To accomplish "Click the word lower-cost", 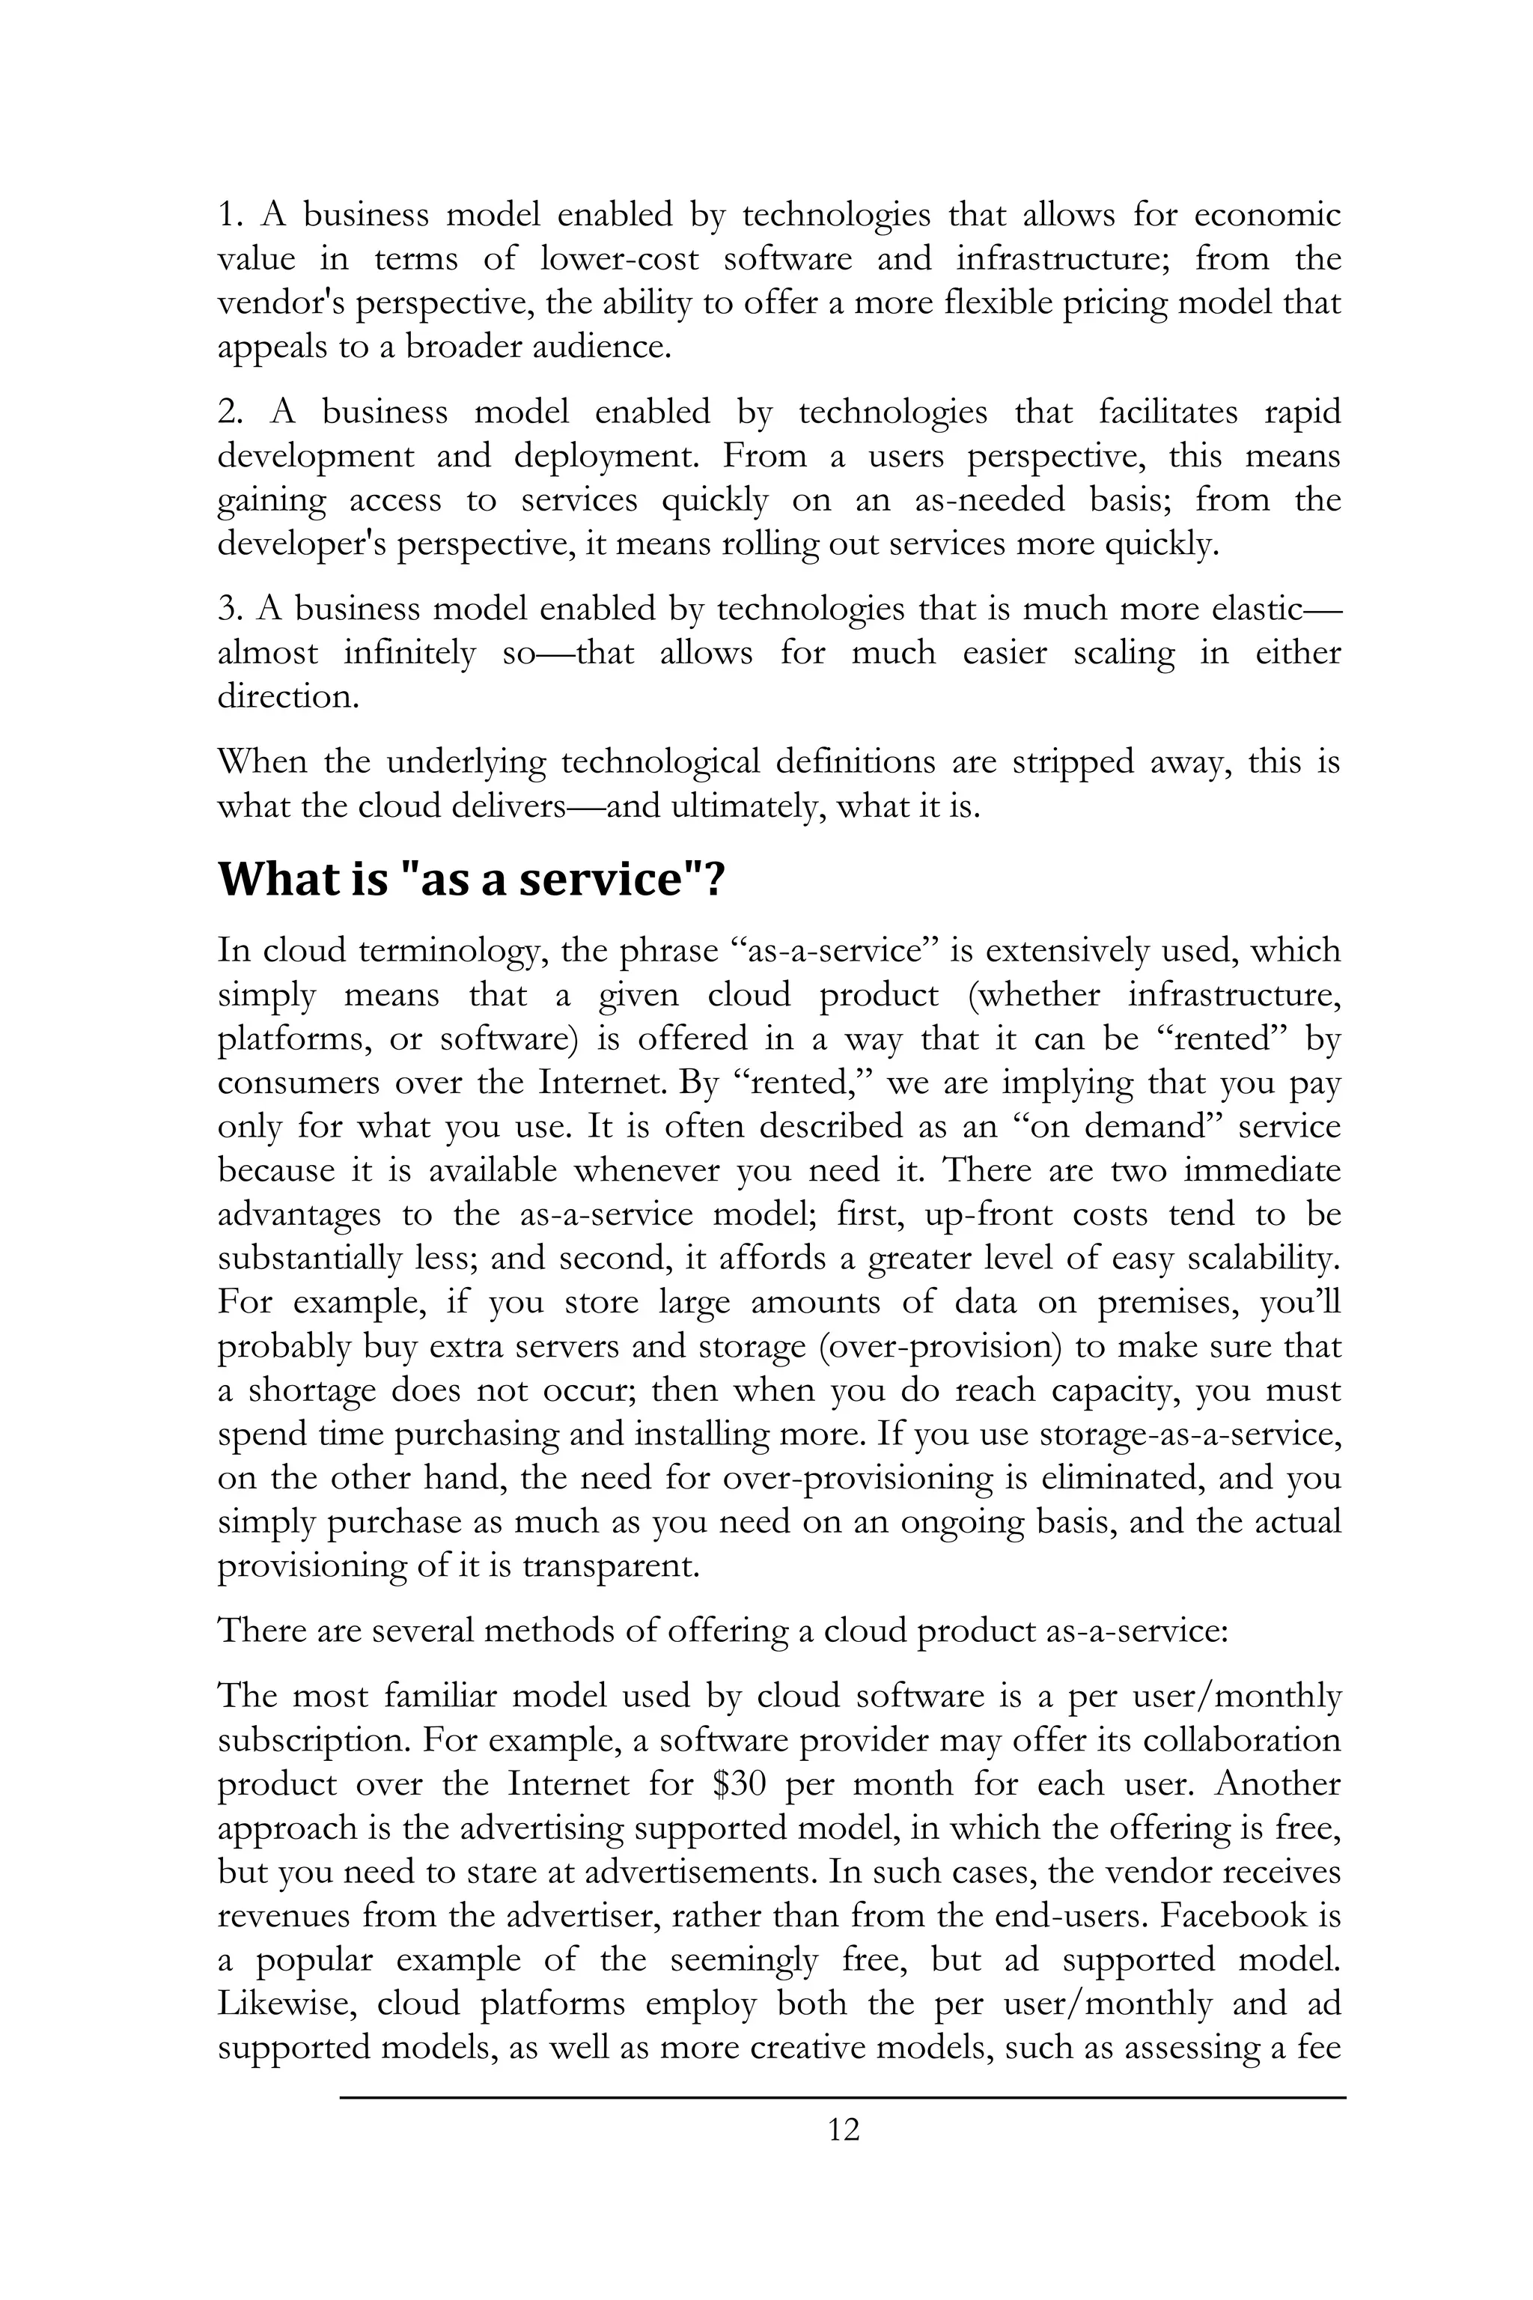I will [x=620, y=259].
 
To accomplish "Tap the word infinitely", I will [x=409, y=652].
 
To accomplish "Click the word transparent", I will [x=610, y=1566].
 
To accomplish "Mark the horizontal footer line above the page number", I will [x=843, y=2096].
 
